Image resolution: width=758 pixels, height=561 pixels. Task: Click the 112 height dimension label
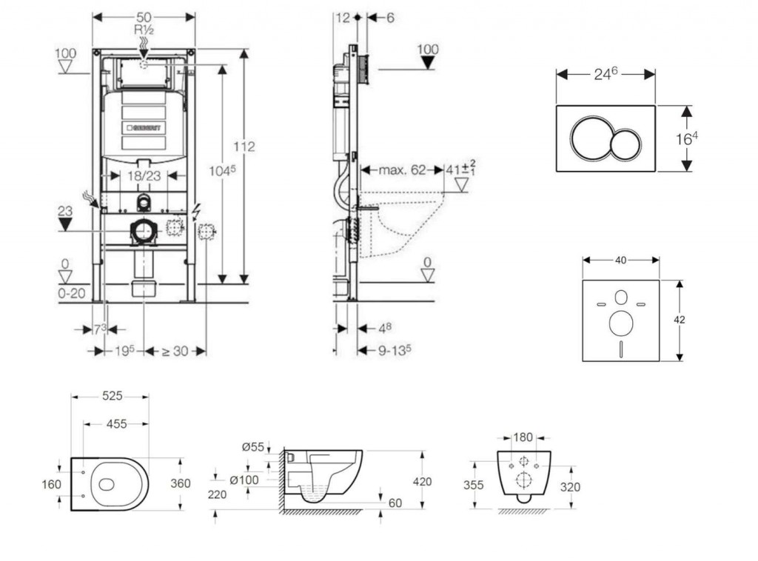[246, 147]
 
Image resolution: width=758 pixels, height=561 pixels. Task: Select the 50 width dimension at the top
[143, 16]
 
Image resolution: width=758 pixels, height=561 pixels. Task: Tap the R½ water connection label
[143, 30]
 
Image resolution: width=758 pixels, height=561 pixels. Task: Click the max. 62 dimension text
[402, 170]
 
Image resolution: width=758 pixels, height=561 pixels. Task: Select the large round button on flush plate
[591, 138]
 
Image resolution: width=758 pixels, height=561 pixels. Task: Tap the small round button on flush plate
[627, 144]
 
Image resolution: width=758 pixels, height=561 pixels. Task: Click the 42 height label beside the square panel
[680, 320]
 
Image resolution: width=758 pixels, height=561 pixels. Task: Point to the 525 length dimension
[111, 396]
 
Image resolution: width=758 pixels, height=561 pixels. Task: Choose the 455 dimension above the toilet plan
[115, 424]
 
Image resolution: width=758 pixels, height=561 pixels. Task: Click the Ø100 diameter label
[244, 480]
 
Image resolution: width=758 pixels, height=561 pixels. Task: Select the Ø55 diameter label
[253, 446]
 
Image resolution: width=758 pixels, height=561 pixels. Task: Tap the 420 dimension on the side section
[422, 482]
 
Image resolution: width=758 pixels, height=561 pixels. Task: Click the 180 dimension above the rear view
[524, 437]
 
